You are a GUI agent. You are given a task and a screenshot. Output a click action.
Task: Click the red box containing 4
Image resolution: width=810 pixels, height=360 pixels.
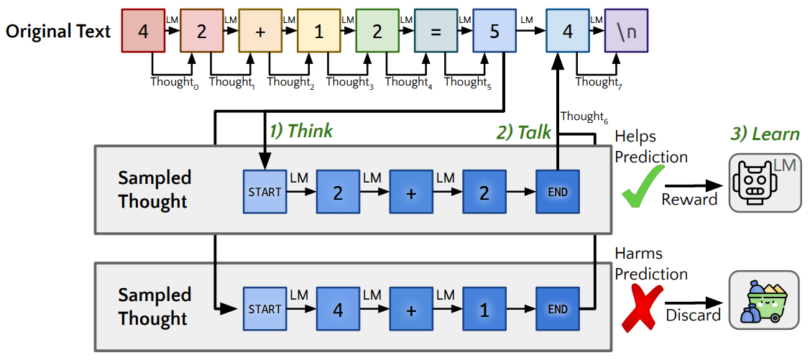143,32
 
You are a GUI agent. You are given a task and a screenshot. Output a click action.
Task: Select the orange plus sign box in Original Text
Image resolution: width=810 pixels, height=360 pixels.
260,32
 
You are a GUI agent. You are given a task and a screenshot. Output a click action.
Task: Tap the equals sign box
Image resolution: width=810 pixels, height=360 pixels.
436,32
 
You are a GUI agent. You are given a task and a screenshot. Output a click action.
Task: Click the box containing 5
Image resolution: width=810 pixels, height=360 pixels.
494,32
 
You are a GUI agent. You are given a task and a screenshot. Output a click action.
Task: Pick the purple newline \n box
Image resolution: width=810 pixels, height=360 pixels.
626,32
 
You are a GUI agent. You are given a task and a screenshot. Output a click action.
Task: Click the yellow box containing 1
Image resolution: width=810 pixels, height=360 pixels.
318,32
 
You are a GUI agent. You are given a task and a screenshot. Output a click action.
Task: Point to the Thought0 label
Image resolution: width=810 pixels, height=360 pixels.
173,82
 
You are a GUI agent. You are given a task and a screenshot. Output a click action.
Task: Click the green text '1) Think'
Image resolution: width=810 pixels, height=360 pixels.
301,131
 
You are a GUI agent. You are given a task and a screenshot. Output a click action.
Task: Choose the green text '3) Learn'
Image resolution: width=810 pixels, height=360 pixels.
765,134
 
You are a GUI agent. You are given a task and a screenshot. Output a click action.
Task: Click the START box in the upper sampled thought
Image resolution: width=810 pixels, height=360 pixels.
264,193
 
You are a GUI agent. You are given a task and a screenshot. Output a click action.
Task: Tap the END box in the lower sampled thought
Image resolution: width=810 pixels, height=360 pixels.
558,310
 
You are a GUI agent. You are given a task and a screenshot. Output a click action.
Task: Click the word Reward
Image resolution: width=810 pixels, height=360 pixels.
689,200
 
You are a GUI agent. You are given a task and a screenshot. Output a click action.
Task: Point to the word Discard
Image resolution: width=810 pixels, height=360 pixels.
693,315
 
